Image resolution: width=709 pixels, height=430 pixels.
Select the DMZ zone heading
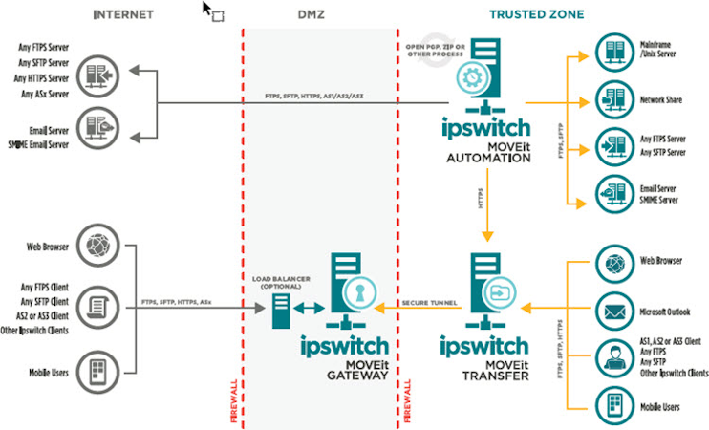309,14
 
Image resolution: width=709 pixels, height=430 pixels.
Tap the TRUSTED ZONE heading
536,14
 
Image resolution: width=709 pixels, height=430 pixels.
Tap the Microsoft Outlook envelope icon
612,311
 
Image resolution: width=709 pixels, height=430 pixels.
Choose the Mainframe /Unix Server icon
612,51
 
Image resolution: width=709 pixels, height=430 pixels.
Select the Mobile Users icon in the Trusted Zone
612,405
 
